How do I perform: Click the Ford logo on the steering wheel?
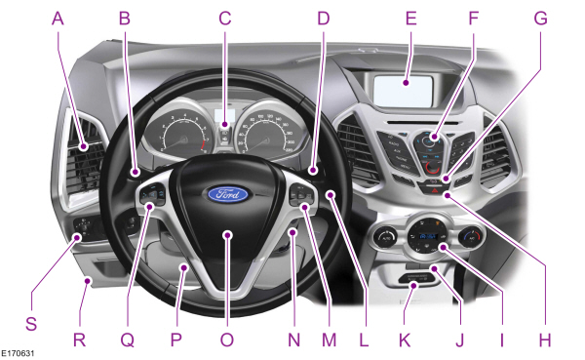(x=226, y=193)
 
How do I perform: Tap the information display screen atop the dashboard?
(x=402, y=92)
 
